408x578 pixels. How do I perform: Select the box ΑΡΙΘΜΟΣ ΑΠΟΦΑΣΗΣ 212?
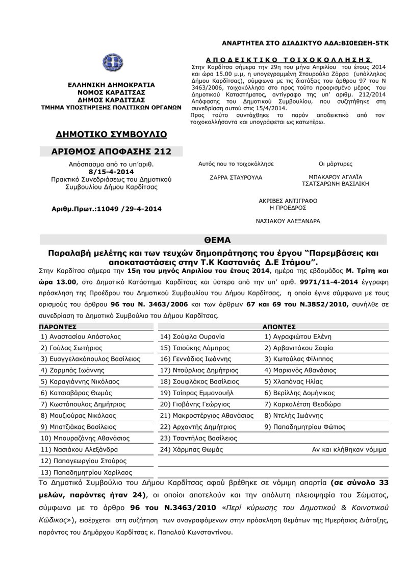pos(111,152)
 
